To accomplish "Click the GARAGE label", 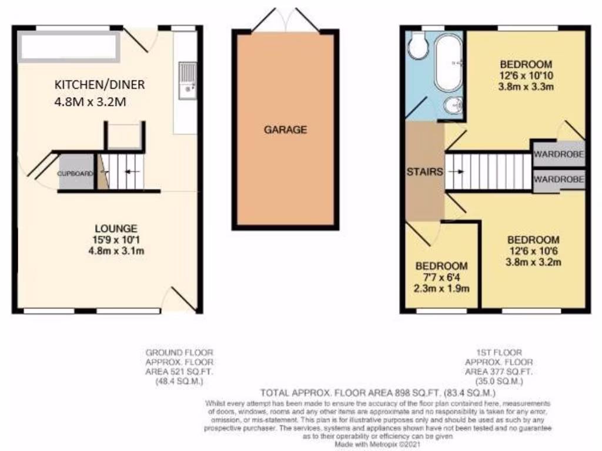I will pyautogui.click(x=285, y=130).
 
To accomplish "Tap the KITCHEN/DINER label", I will pyautogui.click(x=99, y=85).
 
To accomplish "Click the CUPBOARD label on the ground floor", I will pyautogui.click(x=75, y=174).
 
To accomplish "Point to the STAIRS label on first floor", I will pyautogui.click(x=424, y=172).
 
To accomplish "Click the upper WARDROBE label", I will pyautogui.click(x=559, y=156).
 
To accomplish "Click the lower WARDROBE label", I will pyautogui.click(x=559, y=179).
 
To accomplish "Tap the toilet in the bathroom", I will pyautogui.click(x=418, y=46).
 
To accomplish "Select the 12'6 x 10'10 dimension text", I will pyautogui.click(x=526, y=76).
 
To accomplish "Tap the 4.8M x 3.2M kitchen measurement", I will pyautogui.click(x=91, y=102).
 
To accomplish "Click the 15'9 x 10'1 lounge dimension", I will pyautogui.click(x=118, y=239).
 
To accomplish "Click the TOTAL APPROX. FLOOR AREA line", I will pyautogui.click(x=379, y=393).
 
